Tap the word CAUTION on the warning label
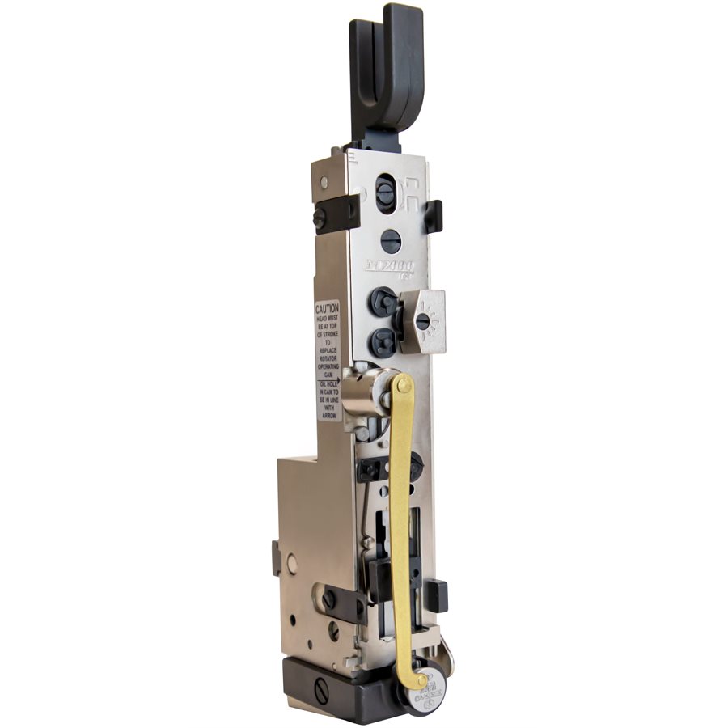[x=328, y=310]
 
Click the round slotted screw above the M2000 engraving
[x=390, y=240]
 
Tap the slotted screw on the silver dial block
[x=422, y=321]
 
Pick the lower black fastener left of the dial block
[x=383, y=342]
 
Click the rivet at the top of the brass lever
[x=402, y=386]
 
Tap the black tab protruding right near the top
[x=434, y=215]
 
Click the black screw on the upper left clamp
[x=320, y=217]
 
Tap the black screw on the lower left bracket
[x=329, y=599]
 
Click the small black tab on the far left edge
[x=277, y=557]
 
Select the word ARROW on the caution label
[x=328, y=415]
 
